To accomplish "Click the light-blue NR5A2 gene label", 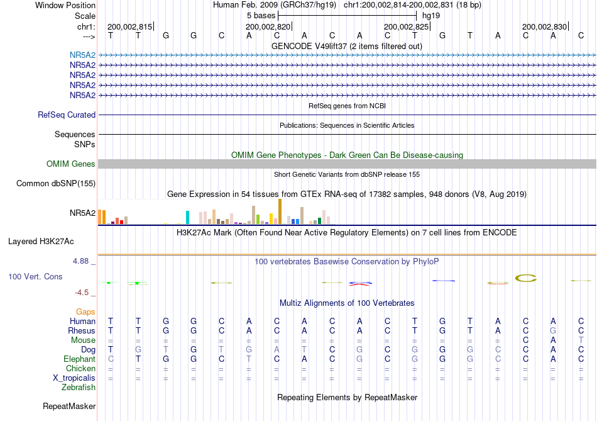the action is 82,55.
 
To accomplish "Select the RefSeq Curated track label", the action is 67,115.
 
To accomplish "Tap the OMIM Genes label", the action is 71,164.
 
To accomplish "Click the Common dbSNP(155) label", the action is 56,183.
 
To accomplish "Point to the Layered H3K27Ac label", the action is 41,242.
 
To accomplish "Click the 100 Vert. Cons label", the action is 35,276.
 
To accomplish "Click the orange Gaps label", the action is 85,312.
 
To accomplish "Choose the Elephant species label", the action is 80,359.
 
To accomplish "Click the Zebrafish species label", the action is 79,388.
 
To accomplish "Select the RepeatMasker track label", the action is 69,407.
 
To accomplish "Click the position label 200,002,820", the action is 268,26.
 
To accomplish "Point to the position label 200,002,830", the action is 544,26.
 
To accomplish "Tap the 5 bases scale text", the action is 261,16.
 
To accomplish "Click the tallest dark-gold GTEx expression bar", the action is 280,211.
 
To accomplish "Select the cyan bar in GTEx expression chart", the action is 187,217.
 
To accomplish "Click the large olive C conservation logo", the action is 526,278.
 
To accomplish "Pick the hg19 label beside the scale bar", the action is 431,16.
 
